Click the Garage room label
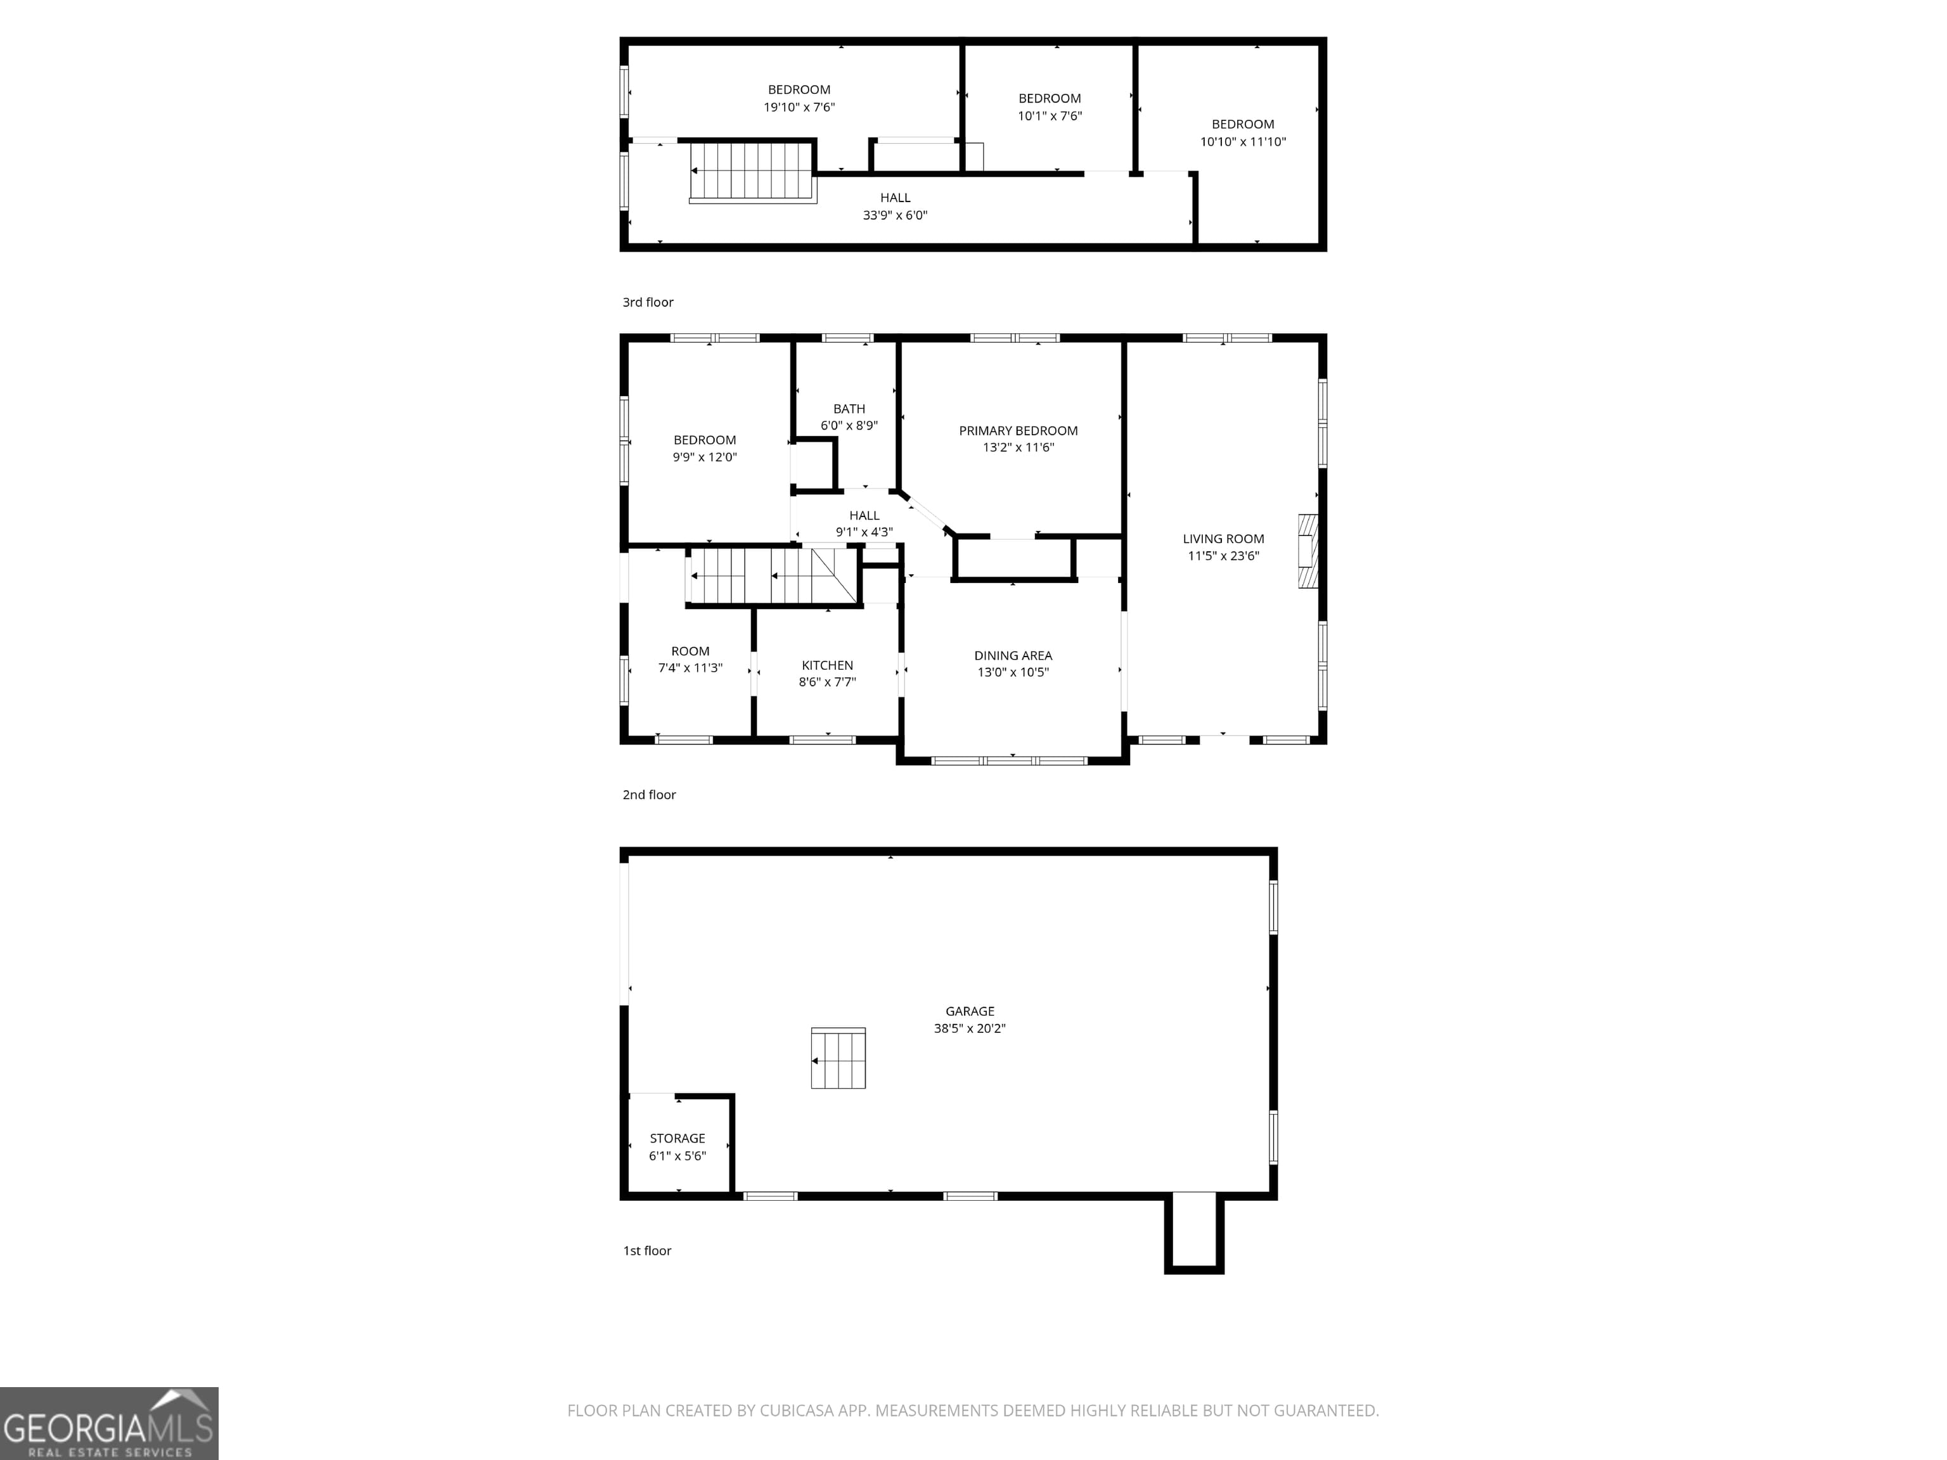(970, 1011)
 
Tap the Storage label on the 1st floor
(677, 1138)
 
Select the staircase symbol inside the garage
(838, 1058)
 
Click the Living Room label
(1223, 539)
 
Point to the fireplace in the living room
(1308, 551)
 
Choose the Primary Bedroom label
(1018, 430)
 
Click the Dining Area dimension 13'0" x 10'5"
(1013, 672)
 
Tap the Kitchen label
(827, 665)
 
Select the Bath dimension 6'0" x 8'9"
(849, 426)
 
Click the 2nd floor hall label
(864, 516)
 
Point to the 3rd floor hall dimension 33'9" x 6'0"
(895, 215)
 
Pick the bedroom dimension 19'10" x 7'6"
(799, 107)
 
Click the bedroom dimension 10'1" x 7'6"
(1050, 116)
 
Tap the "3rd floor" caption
(648, 302)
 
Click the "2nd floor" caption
(649, 795)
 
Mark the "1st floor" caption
(647, 1250)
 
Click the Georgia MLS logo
(109, 1423)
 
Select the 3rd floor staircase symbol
(752, 172)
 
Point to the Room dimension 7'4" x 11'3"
(690, 668)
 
